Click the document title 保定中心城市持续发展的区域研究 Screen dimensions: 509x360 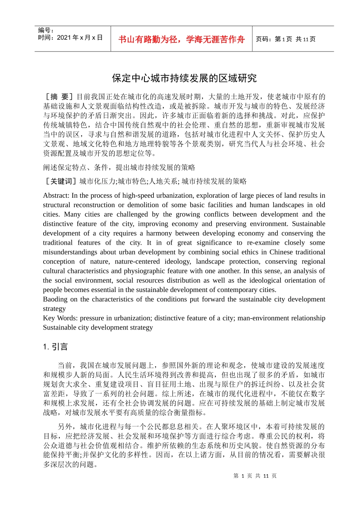point(184,78)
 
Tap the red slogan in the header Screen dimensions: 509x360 point(182,39)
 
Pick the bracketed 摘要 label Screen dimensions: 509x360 point(59,97)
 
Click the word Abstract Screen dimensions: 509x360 point(56,196)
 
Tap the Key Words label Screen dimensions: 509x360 point(60,318)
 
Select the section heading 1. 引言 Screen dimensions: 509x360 point(55,347)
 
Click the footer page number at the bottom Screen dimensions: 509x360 point(255,476)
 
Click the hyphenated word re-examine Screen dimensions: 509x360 point(263,243)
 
